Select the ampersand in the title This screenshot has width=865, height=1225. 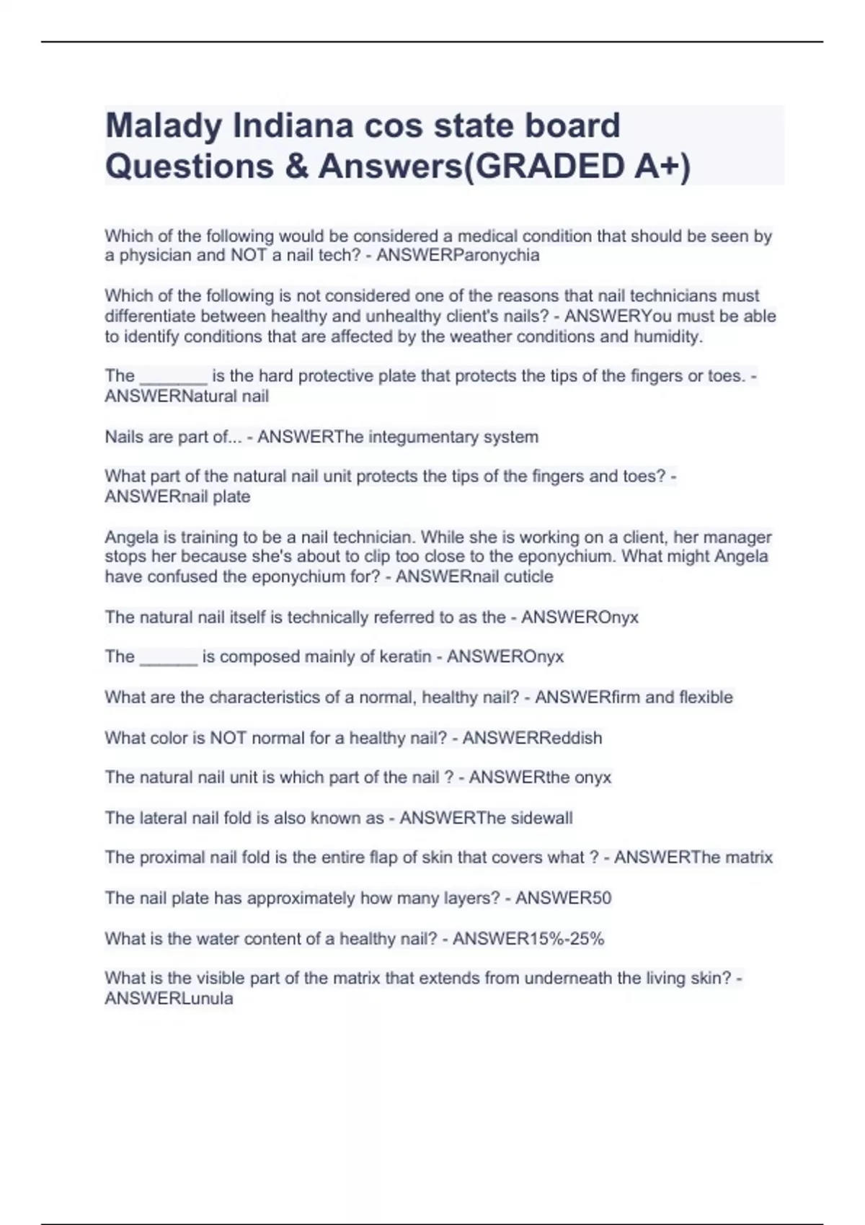click(x=296, y=166)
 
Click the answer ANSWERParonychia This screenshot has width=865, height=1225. click(x=458, y=255)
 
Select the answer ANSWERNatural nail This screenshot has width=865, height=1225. click(x=187, y=396)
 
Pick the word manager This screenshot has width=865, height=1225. click(x=736, y=537)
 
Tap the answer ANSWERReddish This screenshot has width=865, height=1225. click(x=532, y=738)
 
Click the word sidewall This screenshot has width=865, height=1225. click(x=541, y=818)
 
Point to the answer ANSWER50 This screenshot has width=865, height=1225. click(x=563, y=898)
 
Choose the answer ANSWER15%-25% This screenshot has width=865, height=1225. click(x=528, y=938)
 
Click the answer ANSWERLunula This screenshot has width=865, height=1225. click(x=169, y=999)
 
